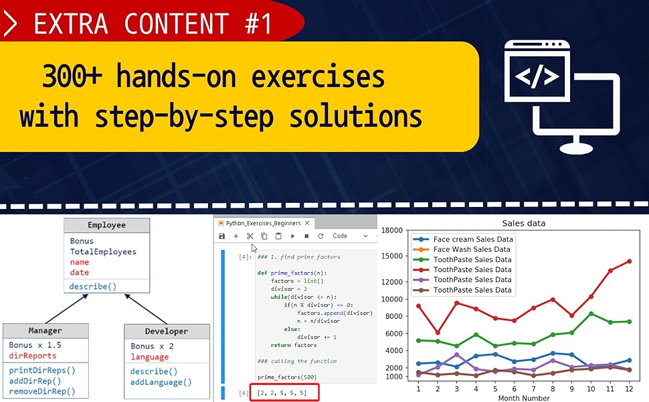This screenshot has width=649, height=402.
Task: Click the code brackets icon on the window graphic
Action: point(537,76)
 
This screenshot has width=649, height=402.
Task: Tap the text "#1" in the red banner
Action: point(258,23)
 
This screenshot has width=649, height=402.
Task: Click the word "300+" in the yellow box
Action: point(72,76)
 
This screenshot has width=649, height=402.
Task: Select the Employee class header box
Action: point(107,225)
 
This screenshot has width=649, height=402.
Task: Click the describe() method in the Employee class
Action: point(93,286)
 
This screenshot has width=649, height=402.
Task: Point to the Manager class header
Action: point(45,331)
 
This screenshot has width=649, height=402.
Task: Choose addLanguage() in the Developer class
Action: point(161,382)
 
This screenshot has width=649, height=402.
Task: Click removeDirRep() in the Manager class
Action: point(42,391)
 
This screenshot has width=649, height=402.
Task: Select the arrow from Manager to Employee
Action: point(67,309)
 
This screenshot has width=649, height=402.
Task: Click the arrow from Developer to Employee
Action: point(146,309)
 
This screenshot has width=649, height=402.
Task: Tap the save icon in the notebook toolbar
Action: point(222,237)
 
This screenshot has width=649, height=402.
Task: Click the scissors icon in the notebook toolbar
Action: point(250,237)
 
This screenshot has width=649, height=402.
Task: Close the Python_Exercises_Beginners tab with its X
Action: point(307,223)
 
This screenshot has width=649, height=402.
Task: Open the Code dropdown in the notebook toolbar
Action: point(350,236)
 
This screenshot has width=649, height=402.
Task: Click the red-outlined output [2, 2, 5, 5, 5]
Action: point(284,393)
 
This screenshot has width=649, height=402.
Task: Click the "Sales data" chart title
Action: point(524,223)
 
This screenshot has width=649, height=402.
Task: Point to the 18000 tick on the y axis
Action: point(391,230)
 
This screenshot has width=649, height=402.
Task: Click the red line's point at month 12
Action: point(629,261)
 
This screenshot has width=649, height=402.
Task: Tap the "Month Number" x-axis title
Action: point(524,398)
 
